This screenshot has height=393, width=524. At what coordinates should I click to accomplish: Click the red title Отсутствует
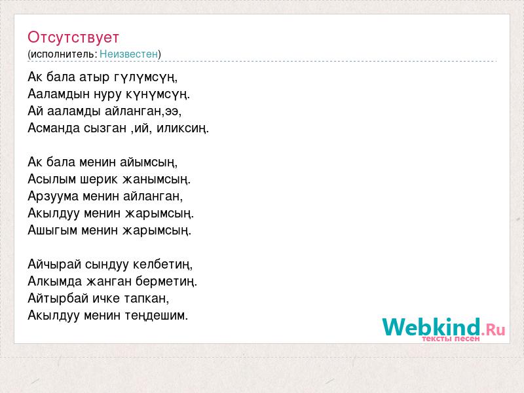[x=73, y=37]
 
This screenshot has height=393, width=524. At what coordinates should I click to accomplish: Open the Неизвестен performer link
[x=128, y=54]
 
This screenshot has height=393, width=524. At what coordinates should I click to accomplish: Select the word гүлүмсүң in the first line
[x=145, y=77]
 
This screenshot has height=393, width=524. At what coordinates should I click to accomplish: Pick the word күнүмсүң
[x=157, y=94]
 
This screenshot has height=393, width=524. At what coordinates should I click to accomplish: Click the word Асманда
[x=54, y=128]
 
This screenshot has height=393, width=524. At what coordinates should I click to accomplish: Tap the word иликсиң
[x=183, y=128]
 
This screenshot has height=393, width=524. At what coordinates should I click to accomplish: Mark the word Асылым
[x=52, y=179]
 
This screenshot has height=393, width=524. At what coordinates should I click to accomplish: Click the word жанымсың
[x=156, y=179]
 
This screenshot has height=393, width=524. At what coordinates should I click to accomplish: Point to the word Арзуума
[x=53, y=196]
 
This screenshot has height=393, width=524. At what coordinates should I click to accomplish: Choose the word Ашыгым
[x=52, y=231]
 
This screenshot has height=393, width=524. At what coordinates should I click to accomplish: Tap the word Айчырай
[x=54, y=265]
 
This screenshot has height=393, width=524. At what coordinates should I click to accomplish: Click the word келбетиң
[x=162, y=265]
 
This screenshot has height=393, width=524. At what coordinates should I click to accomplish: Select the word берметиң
[x=166, y=282]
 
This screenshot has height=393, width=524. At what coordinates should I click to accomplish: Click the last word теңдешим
[x=157, y=316]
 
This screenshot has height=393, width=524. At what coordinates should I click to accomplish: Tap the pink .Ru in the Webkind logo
[x=493, y=330]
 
